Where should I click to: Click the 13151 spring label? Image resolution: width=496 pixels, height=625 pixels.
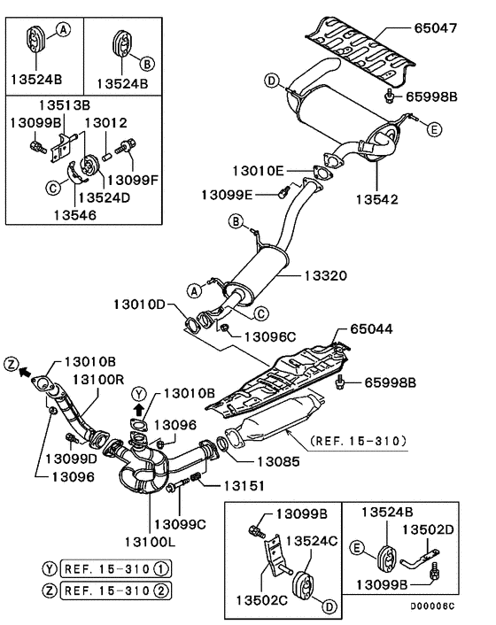245,484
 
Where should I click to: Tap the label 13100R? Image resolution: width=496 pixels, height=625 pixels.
97,379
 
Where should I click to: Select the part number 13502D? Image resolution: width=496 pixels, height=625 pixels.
431,529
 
